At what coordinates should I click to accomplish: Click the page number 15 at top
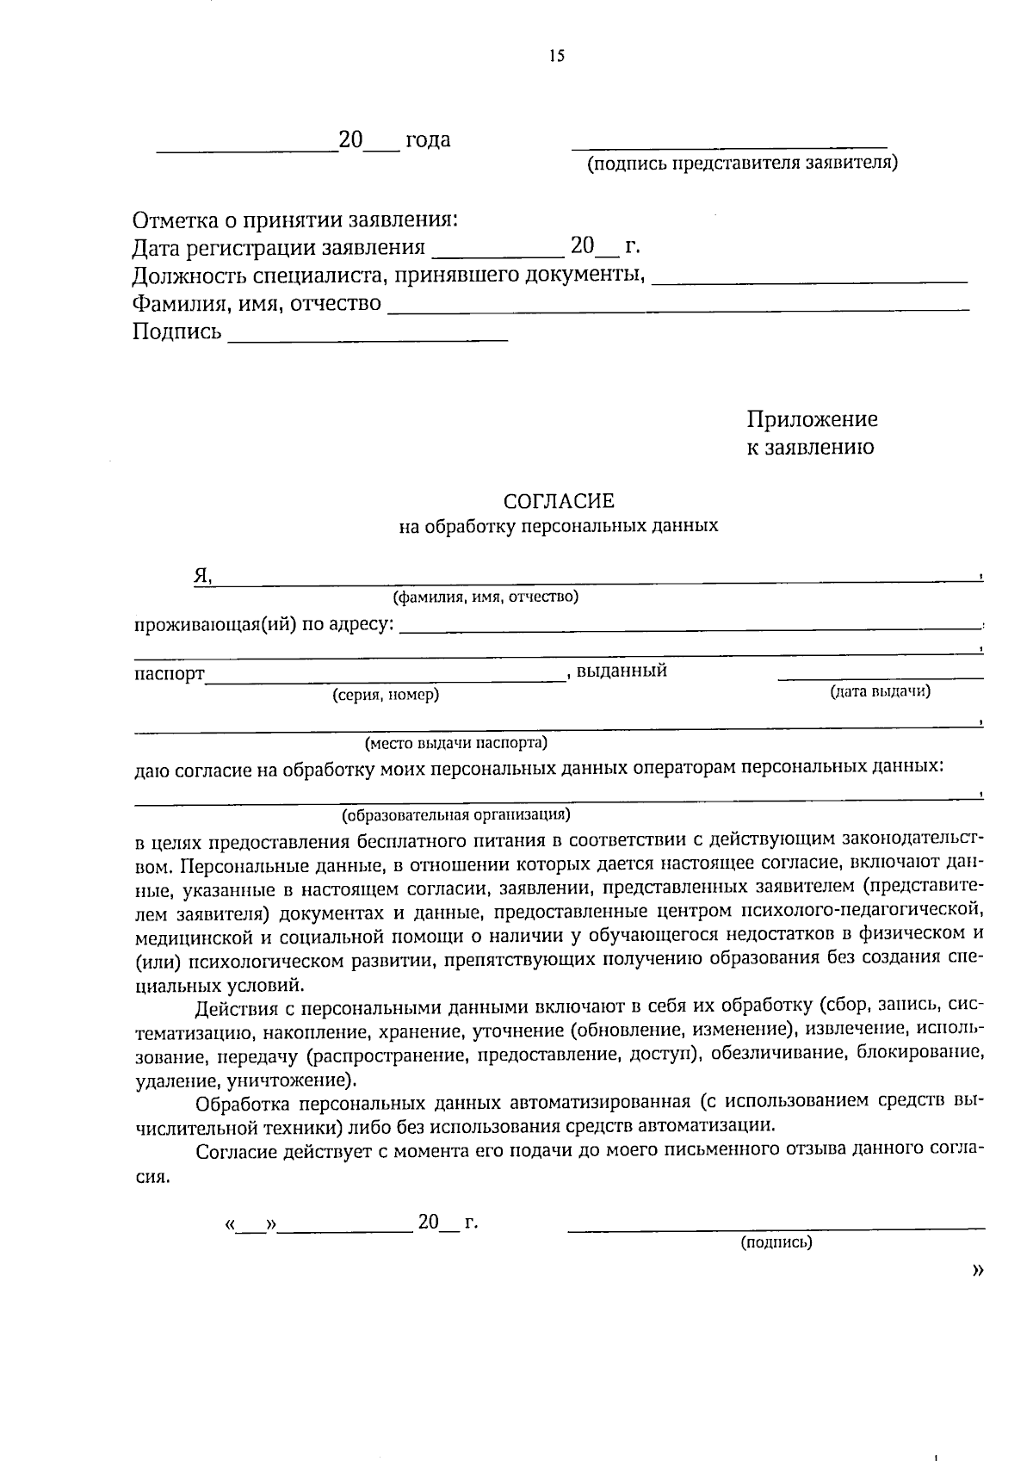(x=555, y=57)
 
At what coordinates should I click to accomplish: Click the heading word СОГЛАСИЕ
(x=559, y=501)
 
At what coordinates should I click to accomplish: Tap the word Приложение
(x=812, y=419)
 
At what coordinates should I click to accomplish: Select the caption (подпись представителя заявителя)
(x=742, y=163)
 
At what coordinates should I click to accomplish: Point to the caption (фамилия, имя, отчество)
(x=486, y=596)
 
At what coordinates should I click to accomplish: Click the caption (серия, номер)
(x=386, y=695)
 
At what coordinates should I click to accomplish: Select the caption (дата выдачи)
(x=880, y=690)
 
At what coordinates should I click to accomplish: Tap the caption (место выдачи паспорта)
(x=456, y=742)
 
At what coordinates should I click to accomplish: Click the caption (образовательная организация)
(x=456, y=814)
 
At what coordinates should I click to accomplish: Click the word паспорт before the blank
(x=170, y=673)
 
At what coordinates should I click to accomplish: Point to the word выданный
(x=622, y=671)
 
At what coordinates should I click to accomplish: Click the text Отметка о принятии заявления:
(x=294, y=220)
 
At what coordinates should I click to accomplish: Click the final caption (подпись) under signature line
(x=776, y=1242)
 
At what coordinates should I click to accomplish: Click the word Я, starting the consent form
(x=202, y=576)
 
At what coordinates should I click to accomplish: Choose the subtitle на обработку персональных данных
(x=559, y=526)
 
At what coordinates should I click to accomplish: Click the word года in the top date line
(x=428, y=139)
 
